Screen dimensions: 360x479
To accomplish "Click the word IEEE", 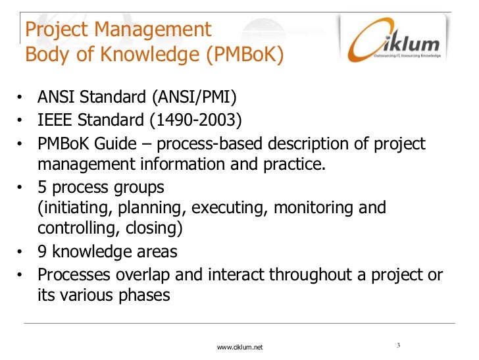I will pyautogui.click(x=55, y=121).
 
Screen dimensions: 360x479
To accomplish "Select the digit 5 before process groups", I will pyautogui.click(x=42, y=187).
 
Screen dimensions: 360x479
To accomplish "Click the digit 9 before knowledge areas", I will pyautogui.click(x=42, y=251).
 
